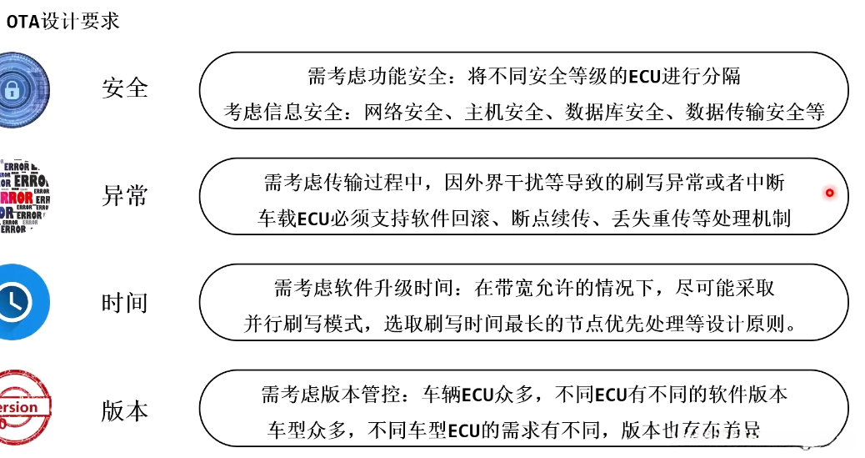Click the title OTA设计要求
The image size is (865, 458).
[63, 20]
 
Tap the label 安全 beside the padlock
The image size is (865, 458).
[124, 88]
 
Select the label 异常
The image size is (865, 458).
[124, 196]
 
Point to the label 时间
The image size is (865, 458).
[124, 303]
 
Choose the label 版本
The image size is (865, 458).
[124, 410]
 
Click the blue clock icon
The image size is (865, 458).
[20, 302]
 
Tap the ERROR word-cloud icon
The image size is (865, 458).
[23, 196]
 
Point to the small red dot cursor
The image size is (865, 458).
[829, 194]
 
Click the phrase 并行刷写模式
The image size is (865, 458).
[304, 325]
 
